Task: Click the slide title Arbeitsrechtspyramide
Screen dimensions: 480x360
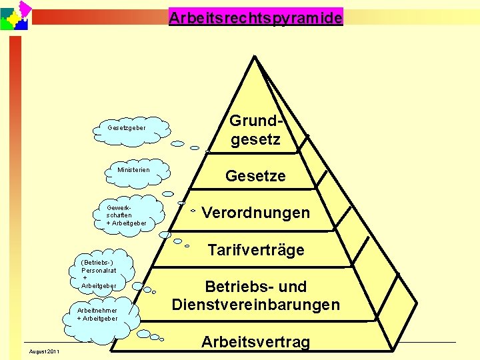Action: pyautogui.click(x=255, y=17)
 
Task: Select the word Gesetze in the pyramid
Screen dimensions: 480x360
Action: pyautogui.click(x=255, y=176)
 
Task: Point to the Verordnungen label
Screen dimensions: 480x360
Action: pyautogui.click(x=255, y=213)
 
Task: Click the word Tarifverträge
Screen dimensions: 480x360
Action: pyautogui.click(x=255, y=250)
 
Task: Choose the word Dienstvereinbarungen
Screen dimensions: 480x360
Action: pyautogui.click(x=255, y=305)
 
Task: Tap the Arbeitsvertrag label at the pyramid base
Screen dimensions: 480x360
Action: pyautogui.click(x=255, y=342)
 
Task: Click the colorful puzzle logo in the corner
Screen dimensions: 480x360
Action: pyautogui.click(x=15, y=15)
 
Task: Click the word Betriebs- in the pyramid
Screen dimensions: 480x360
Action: pyautogui.click(x=230, y=287)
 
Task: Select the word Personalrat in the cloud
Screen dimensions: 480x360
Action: pyautogui.click(x=99, y=270)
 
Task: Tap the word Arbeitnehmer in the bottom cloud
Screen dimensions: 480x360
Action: pyautogui.click(x=97, y=310)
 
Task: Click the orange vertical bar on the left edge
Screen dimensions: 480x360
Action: pyautogui.click(x=15, y=187)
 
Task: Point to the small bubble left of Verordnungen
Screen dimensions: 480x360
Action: pyautogui.click(x=192, y=211)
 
